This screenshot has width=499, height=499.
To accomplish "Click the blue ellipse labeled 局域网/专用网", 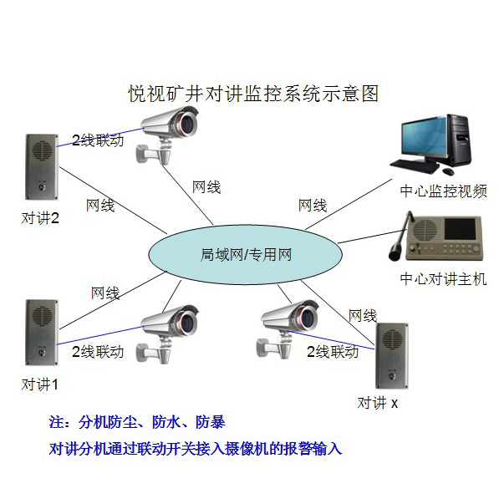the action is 246,254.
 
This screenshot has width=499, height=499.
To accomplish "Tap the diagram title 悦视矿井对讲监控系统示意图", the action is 253,94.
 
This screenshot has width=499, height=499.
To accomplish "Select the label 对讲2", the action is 40,218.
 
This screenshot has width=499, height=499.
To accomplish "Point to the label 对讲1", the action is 40,384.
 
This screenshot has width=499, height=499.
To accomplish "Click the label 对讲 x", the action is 378,403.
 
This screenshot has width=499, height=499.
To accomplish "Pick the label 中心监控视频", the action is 443,191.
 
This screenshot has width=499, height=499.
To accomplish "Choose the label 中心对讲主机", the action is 443,279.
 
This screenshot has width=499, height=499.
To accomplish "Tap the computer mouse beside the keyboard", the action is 448,171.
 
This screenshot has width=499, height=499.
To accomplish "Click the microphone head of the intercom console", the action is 395,251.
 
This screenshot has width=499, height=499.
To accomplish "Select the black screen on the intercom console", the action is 460,229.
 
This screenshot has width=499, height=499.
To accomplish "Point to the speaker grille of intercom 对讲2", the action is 42,150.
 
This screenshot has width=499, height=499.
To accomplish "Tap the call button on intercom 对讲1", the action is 42,353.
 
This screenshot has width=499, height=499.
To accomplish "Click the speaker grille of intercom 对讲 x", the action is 392,339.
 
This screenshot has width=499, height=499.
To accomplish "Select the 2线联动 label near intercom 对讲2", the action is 98,140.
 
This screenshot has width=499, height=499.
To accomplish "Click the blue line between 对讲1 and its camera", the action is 100,335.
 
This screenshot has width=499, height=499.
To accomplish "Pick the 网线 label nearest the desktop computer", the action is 313,206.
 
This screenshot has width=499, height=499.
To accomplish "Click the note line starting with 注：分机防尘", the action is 137,422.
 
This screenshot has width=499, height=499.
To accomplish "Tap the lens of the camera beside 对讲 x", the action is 308,318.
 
